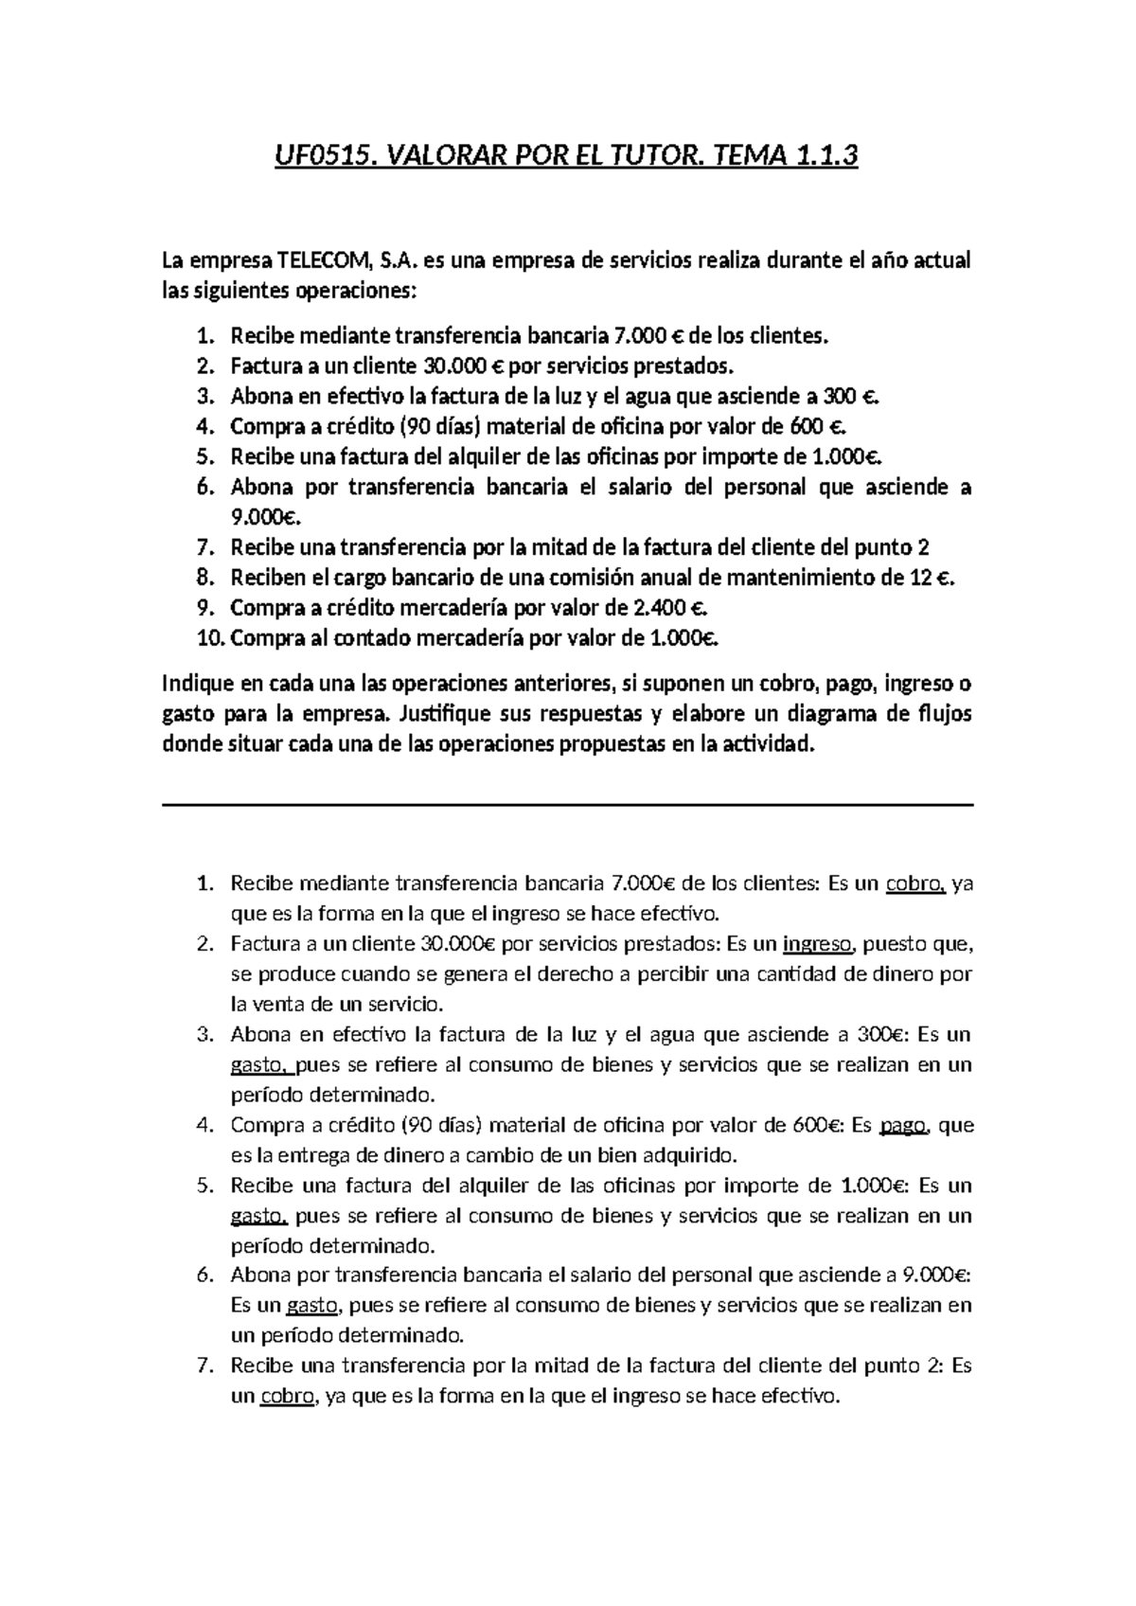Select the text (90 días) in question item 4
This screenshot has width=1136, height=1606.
click(x=440, y=426)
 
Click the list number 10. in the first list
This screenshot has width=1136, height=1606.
click(x=210, y=638)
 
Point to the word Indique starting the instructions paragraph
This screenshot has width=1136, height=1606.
click(x=195, y=684)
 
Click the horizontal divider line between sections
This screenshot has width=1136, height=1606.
click(x=568, y=805)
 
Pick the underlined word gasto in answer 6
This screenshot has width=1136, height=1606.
click(x=311, y=1307)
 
